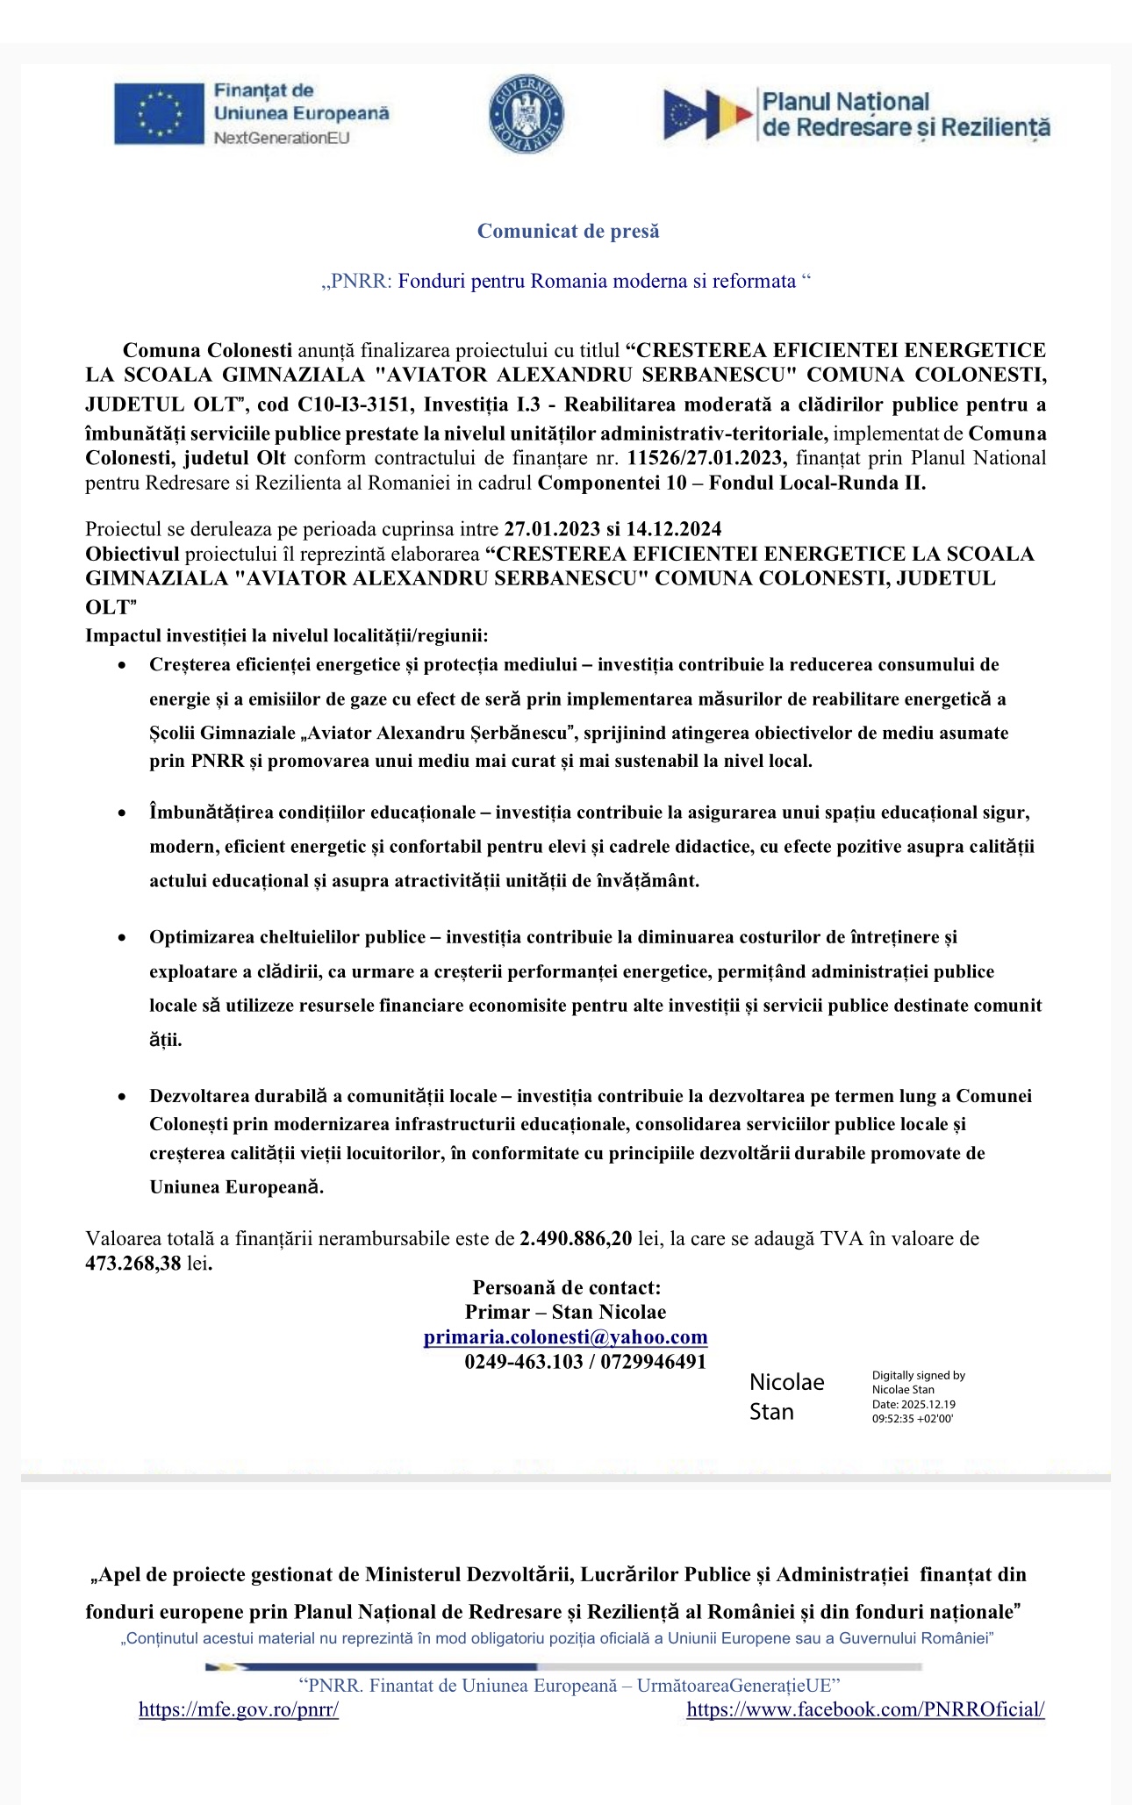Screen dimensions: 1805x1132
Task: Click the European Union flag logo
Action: tap(160, 113)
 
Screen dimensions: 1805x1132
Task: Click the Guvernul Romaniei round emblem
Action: tap(526, 114)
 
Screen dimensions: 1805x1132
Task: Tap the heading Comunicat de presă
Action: tap(568, 231)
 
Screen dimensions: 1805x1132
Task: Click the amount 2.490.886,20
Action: tap(576, 1238)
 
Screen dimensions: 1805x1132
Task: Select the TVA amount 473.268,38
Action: tap(133, 1263)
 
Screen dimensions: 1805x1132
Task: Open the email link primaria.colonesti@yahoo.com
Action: tap(565, 1336)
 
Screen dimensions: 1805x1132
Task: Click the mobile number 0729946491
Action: tap(653, 1361)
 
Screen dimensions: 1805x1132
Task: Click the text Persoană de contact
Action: tap(566, 1287)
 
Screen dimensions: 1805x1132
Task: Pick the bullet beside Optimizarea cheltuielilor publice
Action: tap(123, 938)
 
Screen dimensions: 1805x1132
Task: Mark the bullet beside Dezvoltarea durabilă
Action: tap(123, 1097)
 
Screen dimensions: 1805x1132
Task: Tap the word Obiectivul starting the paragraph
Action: tap(132, 555)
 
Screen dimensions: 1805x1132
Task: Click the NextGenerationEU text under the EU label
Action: tap(282, 138)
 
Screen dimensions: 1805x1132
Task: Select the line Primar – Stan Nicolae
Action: tap(565, 1312)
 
